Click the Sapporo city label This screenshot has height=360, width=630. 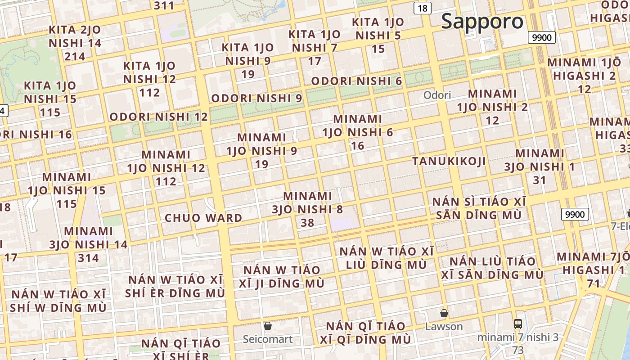[482, 22]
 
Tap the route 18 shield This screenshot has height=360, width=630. [423, 8]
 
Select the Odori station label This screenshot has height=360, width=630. [437, 95]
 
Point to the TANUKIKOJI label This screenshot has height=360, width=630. [449, 162]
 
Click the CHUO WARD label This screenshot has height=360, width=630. [203, 218]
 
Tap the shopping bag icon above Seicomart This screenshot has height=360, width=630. [268, 325]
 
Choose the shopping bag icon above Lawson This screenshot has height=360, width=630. [444, 313]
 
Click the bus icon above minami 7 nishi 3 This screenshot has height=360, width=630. [518, 324]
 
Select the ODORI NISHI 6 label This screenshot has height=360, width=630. [356, 81]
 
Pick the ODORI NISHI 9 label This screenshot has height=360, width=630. [256, 98]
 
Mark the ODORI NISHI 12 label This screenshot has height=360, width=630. [159, 117]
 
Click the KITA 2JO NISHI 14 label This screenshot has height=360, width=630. [75, 43]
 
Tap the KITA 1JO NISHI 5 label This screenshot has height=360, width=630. [378, 35]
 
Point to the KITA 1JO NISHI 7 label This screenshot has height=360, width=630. [315, 47]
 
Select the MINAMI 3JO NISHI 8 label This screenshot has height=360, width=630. [307, 209]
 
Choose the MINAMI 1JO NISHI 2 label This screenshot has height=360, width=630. [492, 107]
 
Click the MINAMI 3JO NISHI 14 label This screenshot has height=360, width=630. [88, 244]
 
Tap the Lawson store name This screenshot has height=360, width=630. [444, 327]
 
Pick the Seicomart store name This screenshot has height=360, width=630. [268, 339]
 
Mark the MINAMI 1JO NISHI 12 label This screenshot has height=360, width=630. [166, 168]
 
